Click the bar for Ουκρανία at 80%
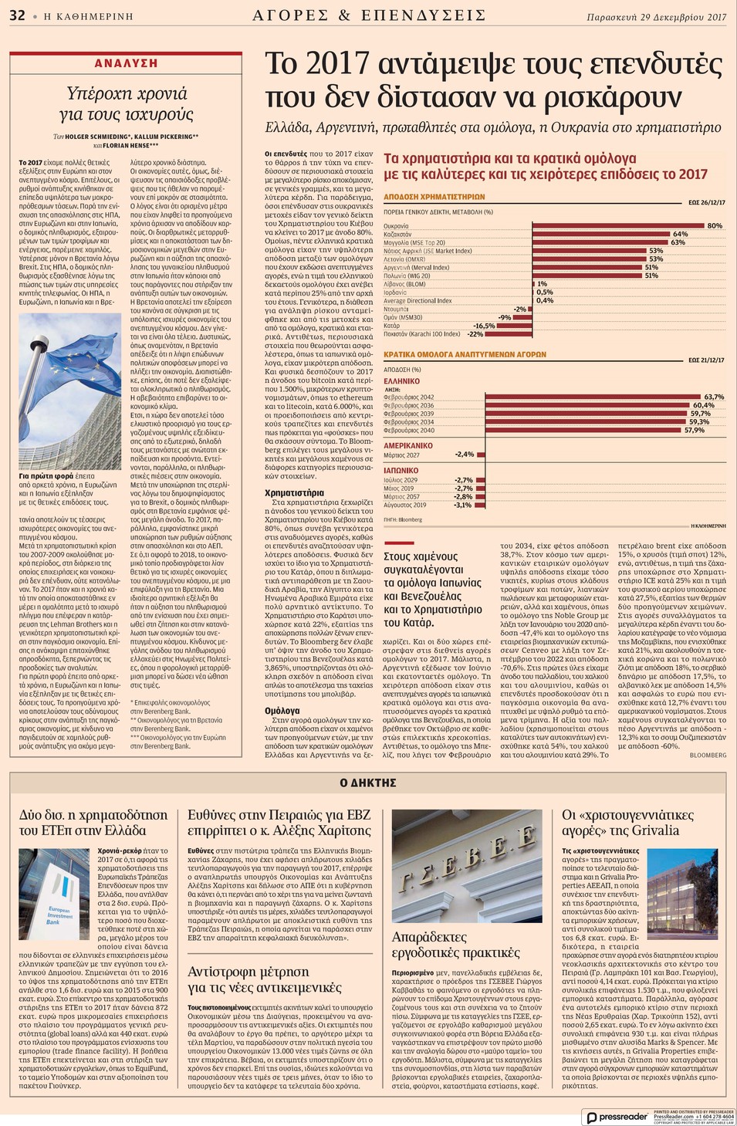point(618,226)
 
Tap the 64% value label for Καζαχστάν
point(680,234)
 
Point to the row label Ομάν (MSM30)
point(403,317)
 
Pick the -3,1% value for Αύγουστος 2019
point(463,506)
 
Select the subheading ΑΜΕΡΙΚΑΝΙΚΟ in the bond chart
point(408,446)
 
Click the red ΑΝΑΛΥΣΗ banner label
point(126,63)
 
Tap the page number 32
point(17,15)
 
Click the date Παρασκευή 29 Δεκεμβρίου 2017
point(656,16)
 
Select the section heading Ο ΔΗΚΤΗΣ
point(368,783)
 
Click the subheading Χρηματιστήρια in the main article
point(294,493)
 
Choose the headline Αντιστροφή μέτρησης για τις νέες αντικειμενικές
point(264,979)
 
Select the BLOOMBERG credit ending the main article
point(708,756)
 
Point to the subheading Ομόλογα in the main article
point(282,711)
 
